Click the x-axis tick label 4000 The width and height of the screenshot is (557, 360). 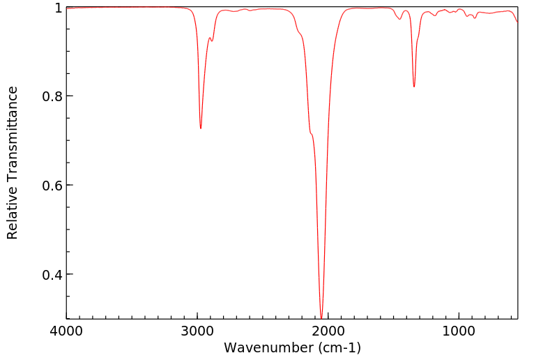tap(67, 331)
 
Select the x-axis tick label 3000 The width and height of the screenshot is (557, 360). tap(197, 331)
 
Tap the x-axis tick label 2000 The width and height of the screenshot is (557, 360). tap(328, 331)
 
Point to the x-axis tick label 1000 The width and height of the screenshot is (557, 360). tap(459, 331)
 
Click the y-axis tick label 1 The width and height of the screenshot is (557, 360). tap(58, 8)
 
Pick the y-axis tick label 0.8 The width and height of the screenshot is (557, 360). tap(52, 96)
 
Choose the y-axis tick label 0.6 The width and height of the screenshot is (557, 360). tap(52, 186)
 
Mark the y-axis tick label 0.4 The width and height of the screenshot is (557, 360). tap(52, 274)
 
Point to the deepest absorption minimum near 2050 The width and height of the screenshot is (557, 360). tap(321, 318)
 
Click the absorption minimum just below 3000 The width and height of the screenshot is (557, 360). tap(201, 128)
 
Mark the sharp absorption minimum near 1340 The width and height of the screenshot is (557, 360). tap(414, 87)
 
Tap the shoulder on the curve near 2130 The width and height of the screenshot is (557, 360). tap(311, 133)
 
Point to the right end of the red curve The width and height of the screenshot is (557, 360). tap(517, 22)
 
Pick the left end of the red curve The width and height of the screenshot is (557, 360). tap(67, 8)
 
